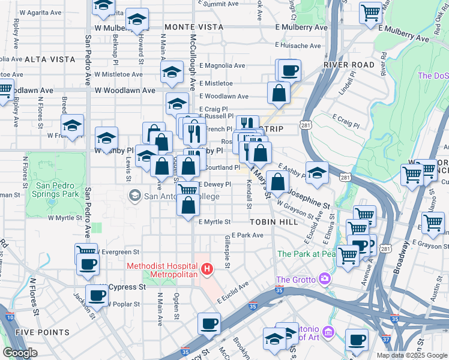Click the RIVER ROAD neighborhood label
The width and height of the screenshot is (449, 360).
pyautogui.click(x=349, y=64)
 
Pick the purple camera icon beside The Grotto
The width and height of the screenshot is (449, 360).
pyautogui.click(x=325, y=278)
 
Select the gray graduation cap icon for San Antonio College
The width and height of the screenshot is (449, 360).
pyautogui.click(x=134, y=195)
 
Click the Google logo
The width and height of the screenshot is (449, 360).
pyautogui.click(x=20, y=353)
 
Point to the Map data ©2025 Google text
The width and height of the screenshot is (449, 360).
pyautogui.click(x=412, y=355)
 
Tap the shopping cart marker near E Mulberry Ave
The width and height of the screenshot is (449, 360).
pyautogui.click(x=371, y=12)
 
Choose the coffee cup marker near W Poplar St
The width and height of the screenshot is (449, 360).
pyautogui.click(x=97, y=295)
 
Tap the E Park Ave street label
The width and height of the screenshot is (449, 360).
pyautogui.click(x=247, y=235)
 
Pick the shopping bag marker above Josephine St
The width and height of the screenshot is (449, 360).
pyautogui.click(x=278, y=181)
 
